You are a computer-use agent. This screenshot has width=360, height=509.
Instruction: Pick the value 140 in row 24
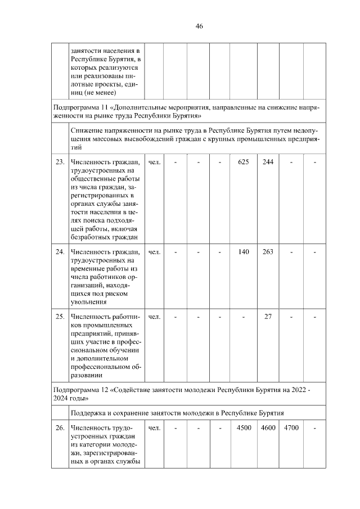point(244,252)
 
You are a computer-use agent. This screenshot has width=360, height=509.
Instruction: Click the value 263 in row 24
point(268,252)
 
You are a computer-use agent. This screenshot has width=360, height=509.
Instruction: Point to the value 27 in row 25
point(268,316)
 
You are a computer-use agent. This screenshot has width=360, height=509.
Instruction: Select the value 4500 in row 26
point(244,428)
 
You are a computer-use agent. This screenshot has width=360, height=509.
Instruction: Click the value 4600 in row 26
point(268,428)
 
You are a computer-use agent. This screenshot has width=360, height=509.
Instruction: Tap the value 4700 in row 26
point(291,428)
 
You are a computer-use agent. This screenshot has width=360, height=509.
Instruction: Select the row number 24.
point(60,252)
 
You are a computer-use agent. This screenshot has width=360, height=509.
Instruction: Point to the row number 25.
point(60,316)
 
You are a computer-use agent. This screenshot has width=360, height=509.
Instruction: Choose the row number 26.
point(60,428)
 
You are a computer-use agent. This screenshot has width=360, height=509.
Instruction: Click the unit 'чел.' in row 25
point(154,316)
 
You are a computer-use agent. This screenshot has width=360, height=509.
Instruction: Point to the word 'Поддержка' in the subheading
point(88,412)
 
